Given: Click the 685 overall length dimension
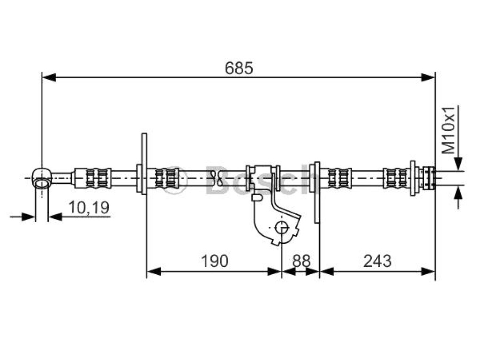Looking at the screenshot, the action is click(239, 68).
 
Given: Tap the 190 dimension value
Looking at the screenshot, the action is click(215, 261).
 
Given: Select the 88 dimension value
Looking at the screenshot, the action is click(301, 261).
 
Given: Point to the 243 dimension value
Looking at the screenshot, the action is click(377, 261).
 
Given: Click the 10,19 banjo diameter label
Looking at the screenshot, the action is click(89, 207).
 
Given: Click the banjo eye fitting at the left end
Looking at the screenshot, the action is click(42, 178).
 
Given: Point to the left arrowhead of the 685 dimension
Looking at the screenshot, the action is click(49, 77).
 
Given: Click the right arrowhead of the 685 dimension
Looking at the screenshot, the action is click(428, 77).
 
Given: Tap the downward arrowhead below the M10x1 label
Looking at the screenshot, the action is click(458, 163).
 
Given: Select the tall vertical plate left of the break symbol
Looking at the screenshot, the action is click(144, 164).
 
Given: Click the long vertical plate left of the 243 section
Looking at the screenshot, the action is click(317, 192).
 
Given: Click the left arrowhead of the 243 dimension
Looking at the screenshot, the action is click(327, 271).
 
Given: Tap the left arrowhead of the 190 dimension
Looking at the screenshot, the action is click(154, 271).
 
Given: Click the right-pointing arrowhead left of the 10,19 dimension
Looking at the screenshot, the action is click(28, 217).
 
